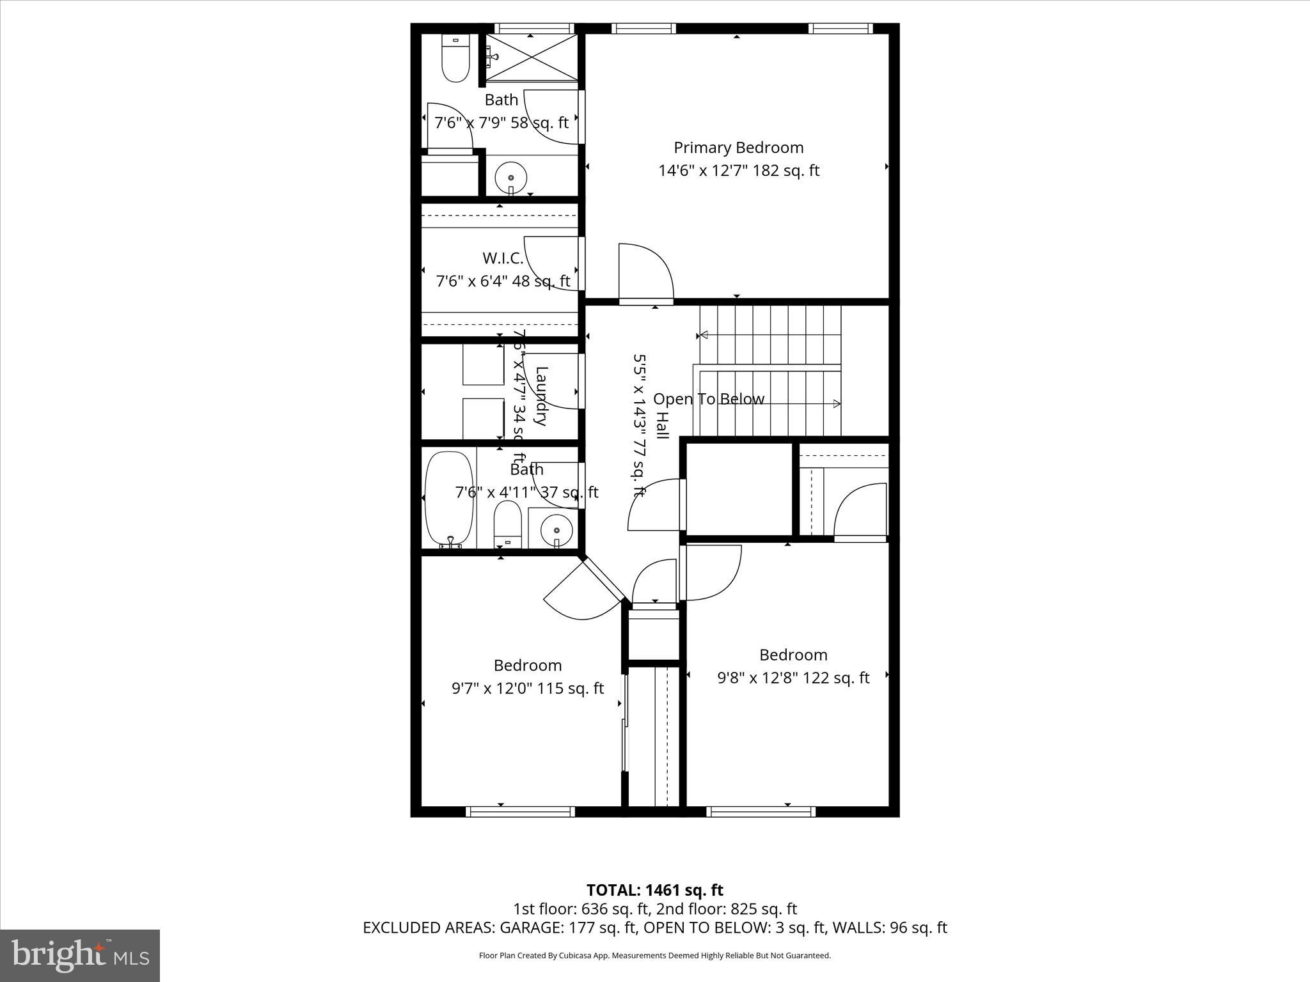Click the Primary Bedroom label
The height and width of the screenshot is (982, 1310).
(738, 148)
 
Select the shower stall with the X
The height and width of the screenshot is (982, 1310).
(532, 58)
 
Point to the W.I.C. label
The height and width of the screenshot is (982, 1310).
(503, 258)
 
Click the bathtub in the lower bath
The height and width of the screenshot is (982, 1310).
(450, 499)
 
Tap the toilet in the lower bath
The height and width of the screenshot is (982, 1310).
(508, 523)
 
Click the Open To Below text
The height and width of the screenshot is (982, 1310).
(709, 399)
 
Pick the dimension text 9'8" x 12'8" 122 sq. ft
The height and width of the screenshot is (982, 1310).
(793, 678)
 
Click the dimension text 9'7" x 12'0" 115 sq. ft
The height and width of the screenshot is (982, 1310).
(528, 689)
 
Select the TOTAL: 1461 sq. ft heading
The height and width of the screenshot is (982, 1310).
(654, 890)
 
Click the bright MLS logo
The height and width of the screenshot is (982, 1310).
(80, 955)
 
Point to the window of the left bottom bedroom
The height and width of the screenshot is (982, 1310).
(520, 811)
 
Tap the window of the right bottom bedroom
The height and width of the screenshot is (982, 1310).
(761, 811)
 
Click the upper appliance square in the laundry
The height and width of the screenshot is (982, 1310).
(483, 368)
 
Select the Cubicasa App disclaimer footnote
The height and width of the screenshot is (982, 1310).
(654, 956)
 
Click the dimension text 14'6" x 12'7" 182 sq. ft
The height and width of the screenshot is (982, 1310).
(739, 171)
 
